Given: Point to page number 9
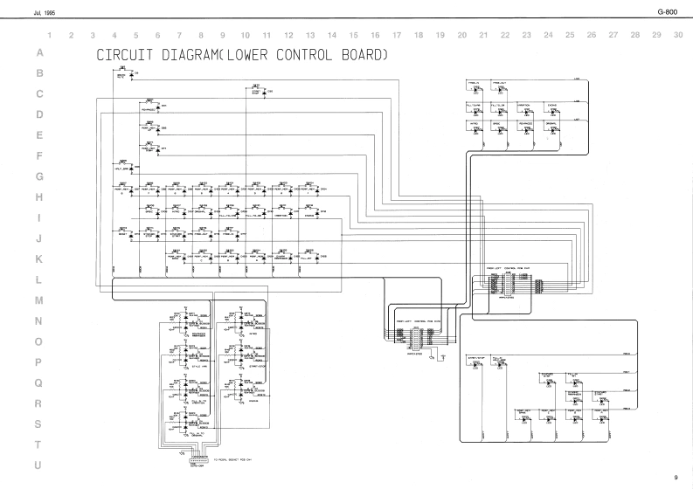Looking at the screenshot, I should (676, 476).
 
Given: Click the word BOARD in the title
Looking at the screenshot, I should (365, 56).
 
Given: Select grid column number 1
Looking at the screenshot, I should (50, 36).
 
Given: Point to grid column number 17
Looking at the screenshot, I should (397, 36).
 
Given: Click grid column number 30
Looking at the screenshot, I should (678, 36).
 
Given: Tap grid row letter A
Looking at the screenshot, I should (38, 53).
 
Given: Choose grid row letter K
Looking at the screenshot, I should (38, 259).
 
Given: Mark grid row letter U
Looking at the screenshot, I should (38, 465).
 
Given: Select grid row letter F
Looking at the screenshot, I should (38, 156).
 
